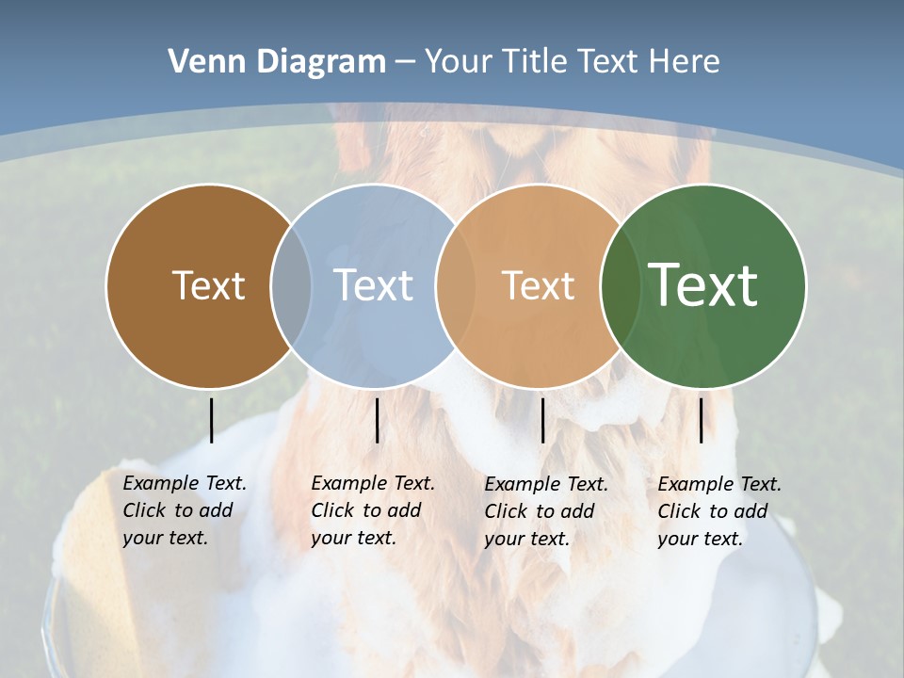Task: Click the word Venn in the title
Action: [x=200, y=62]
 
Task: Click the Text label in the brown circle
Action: [x=208, y=285]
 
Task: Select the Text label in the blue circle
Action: [x=373, y=285]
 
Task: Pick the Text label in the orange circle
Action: [x=538, y=285]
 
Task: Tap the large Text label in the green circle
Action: [x=703, y=285]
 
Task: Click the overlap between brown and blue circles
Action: [x=291, y=286]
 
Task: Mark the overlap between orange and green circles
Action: [x=617, y=286]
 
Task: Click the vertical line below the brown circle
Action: [x=211, y=420]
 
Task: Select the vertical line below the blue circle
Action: [x=377, y=420]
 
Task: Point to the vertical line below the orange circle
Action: [x=542, y=420]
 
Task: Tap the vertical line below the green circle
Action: [x=701, y=420]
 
